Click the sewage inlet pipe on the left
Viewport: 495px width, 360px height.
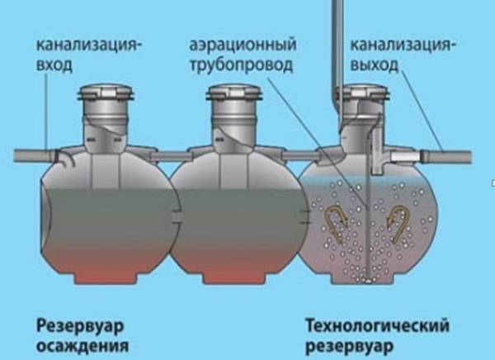33,154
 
